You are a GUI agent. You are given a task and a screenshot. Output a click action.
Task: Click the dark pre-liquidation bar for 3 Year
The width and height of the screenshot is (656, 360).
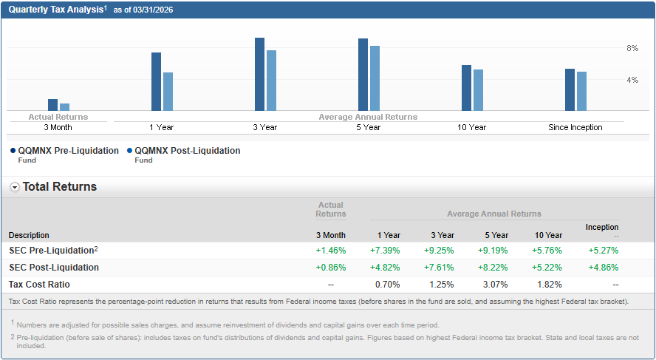point(259,74)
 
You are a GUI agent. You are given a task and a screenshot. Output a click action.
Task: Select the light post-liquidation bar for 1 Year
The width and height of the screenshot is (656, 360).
point(168,92)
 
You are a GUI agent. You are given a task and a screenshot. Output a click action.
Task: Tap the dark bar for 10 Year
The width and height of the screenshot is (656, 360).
point(466,88)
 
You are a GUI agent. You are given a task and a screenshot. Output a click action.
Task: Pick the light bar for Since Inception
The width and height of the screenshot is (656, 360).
point(581,91)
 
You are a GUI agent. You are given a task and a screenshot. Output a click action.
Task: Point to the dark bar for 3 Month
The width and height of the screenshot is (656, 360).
point(52,105)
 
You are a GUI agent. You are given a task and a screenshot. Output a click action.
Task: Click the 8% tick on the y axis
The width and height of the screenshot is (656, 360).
point(632,48)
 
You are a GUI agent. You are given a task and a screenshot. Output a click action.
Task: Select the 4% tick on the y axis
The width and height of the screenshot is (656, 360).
point(632,80)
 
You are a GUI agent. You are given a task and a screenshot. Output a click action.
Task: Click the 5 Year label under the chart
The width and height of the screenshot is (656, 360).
point(368,127)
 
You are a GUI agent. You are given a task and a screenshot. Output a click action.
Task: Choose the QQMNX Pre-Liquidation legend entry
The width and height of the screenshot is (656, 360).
point(68,151)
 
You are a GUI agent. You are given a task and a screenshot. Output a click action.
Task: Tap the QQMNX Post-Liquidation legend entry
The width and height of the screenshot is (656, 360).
point(187,151)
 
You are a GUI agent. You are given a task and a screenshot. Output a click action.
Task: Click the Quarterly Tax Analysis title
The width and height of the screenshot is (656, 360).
point(55,9)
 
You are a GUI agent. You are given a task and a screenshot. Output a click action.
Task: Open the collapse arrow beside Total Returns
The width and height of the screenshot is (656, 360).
point(15,187)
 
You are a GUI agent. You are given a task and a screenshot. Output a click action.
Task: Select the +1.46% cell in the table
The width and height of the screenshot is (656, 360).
point(330,251)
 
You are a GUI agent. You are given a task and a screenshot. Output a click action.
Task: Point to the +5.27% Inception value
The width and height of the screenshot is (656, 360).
point(603,251)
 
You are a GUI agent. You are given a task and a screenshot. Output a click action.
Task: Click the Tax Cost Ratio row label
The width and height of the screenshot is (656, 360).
point(39,285)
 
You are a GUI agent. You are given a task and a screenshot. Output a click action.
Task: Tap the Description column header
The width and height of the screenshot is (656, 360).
point(29,235)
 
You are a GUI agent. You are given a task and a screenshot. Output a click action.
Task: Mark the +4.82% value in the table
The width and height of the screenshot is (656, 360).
point(385,268)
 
